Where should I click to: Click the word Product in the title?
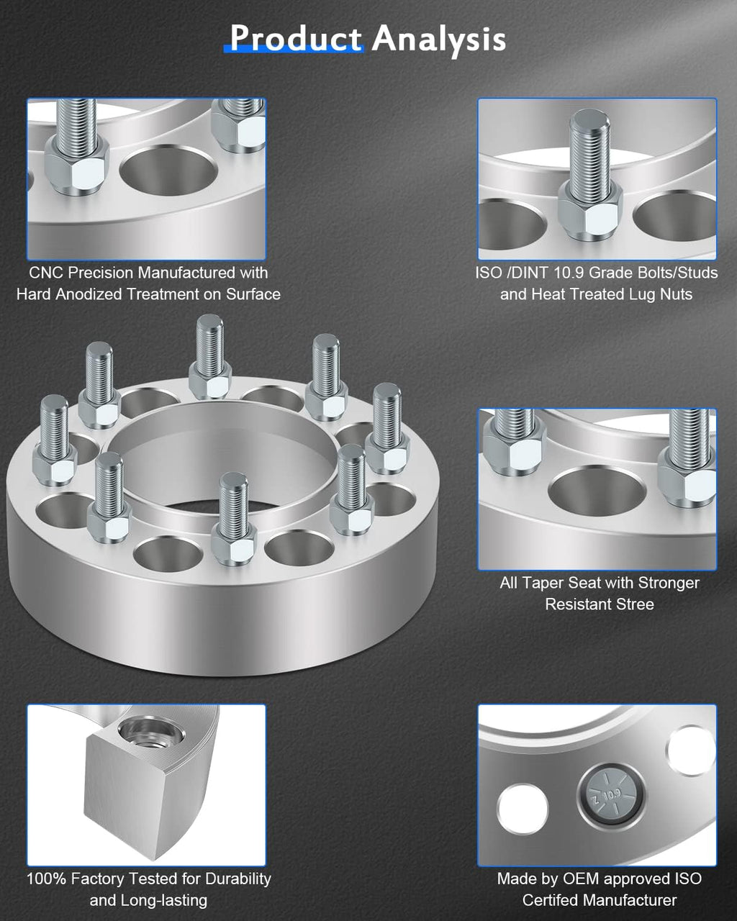[296, 39]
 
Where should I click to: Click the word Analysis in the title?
[439, 40]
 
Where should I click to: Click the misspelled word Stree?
[635, 604]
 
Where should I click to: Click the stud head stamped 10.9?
[611, 795]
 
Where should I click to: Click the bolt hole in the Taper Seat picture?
[597, 491]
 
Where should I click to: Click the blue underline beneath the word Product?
[294, 50]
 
